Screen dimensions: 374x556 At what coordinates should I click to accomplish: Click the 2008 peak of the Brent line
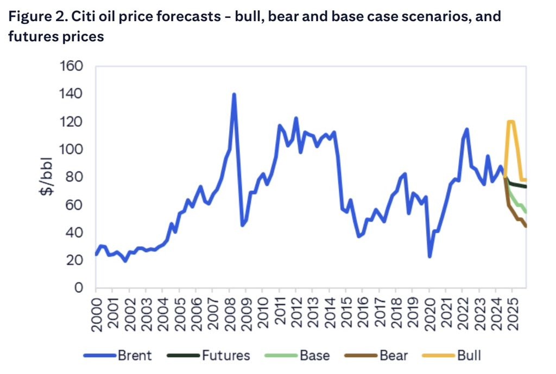click(x=234, y=94)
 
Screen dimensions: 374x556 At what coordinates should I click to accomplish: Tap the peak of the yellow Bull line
click(x=510, y=121)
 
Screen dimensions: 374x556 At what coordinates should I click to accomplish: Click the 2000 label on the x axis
click(x=96, y=311)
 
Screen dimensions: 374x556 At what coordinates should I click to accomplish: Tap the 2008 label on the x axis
click(x=229, y=311)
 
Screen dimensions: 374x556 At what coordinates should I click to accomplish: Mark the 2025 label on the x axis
click(x=513, y=311)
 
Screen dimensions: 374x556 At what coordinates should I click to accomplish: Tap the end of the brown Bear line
click(x=526, y=226)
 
